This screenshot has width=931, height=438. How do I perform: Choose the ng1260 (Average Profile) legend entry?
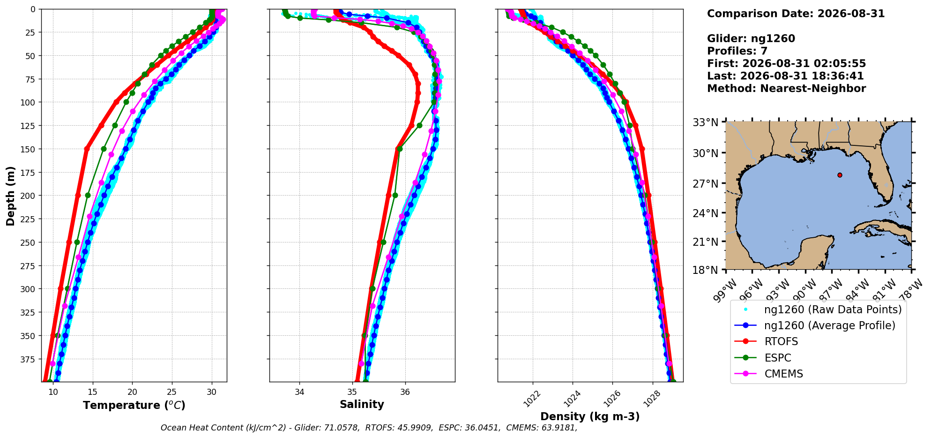click(815, 325)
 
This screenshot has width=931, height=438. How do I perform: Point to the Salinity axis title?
click(362, 404)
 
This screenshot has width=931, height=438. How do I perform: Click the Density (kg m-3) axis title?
click(590, 416)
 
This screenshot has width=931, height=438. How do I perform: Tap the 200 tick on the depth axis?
click(29, 196)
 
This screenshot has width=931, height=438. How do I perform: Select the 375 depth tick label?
click(29, 359)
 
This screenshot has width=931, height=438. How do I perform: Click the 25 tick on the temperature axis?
click(172, 392)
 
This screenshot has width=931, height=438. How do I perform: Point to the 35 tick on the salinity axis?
click(352, 392)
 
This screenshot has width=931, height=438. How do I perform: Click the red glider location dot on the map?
click(840, 175)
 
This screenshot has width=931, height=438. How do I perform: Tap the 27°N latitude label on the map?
click(706, 183)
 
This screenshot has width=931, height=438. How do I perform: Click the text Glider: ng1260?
click(751, 38)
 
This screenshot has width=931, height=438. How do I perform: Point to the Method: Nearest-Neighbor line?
click(786, 88)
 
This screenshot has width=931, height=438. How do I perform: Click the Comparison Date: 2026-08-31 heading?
click(796, 14)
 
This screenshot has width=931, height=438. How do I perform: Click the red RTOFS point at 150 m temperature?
click(87, 149)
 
